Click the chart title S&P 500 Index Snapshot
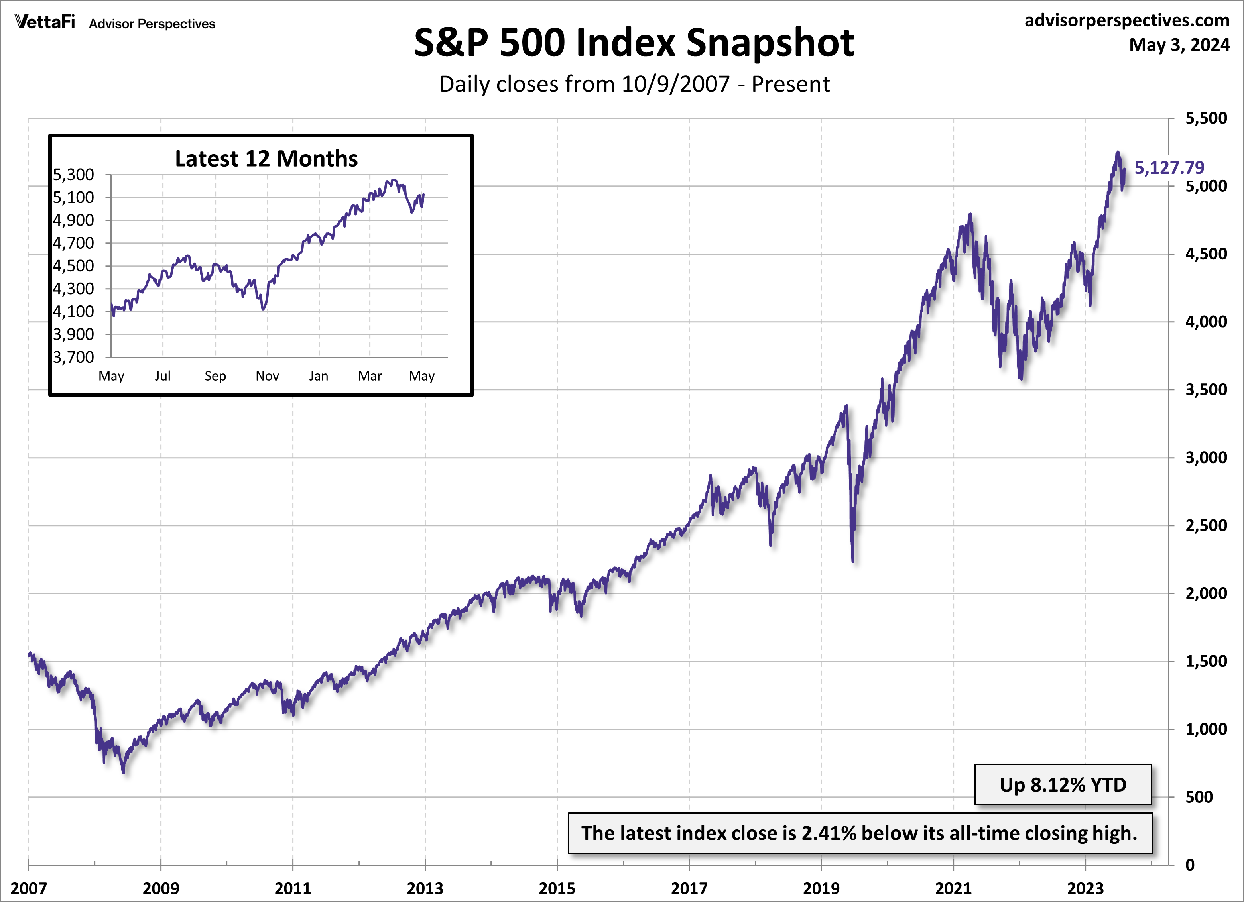pos(634,43)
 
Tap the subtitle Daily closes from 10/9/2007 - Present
pos(635,84)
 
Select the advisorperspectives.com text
pos(1127,20)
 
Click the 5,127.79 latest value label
pos(1169,167)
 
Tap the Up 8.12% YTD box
pos(1063,785)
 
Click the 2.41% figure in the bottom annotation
pos(829,833)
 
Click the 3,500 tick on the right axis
pos(1206,389)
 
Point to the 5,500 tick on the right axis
pos(1206,118)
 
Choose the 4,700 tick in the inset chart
pos(73,243)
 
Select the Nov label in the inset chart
pos(267,376)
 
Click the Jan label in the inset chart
pos(319,376)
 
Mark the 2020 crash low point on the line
pos(852,561)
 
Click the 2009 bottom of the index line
pos(124,772)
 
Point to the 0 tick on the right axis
pos(1190,865)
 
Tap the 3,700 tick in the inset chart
pos(73,357)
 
